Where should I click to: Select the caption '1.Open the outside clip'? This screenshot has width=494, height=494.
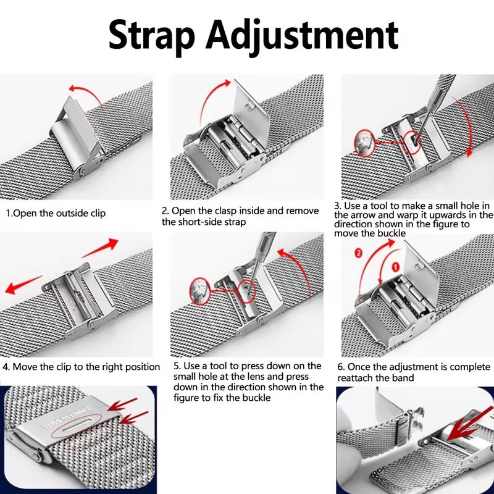(56, 213)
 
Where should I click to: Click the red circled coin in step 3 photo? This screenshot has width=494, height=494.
(365, 143)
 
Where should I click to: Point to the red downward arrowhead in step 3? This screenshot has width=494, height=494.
(469, 153)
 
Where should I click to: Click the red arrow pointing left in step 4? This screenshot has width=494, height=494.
(23, 285)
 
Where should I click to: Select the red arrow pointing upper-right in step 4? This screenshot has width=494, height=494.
(100, 248)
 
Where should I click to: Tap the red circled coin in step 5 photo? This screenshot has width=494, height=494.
(200, 291)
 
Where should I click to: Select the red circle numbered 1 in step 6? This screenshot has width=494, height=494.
(396, 267)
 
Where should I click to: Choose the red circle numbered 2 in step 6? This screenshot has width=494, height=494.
(359, 253)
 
